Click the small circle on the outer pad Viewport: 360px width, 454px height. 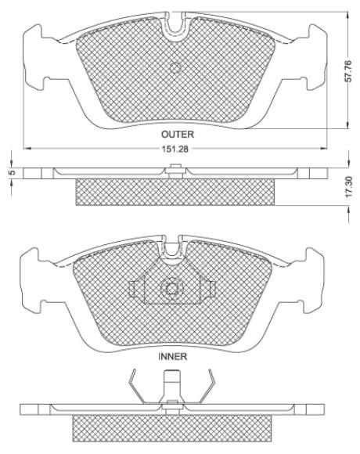point(175,68)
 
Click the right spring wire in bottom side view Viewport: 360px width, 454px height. point(207,388)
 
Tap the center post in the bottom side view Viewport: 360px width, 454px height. point(171,387)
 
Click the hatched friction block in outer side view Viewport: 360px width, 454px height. point(176,193)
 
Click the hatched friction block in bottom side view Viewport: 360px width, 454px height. point(176,427)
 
